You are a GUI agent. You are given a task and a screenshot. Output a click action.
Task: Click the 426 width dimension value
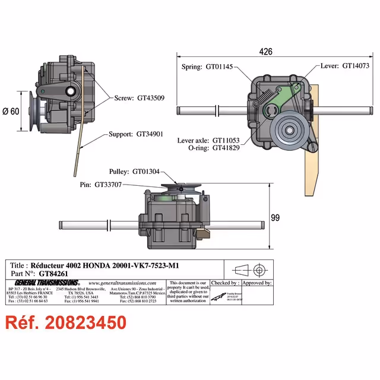tap(265, 52)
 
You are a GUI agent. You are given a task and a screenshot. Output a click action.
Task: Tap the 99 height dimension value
tap(275, 218)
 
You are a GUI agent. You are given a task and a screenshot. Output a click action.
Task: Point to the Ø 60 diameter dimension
tap(12, 111)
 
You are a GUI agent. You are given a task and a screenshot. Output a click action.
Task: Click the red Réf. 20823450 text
tap(66, 323)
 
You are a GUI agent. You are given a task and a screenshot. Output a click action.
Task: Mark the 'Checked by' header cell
tap(224, 283)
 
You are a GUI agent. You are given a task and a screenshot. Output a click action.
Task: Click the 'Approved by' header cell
tap(256, 283)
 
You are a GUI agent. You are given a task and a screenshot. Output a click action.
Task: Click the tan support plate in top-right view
tap(312, 160)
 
